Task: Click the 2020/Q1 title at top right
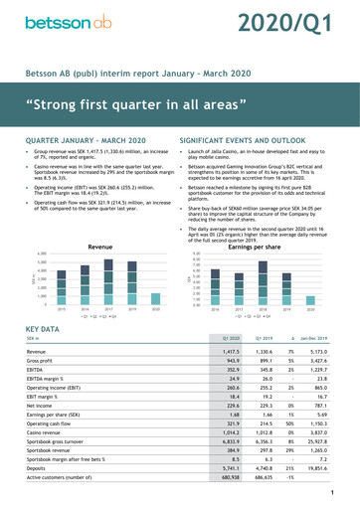[294, 23]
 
